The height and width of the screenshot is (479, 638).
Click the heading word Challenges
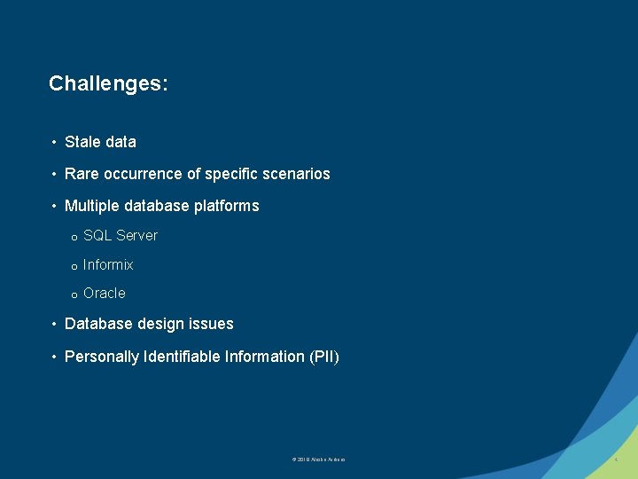click(108, 84)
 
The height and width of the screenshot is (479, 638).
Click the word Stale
click(82, 142)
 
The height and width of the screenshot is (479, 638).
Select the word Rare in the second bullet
click(82, 174)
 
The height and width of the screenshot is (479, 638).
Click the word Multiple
click(93, 206)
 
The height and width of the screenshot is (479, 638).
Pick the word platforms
click(227, 206)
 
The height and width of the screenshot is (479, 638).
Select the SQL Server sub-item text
click(121, 235)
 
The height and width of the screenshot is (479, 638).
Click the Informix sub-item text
click(108, 264)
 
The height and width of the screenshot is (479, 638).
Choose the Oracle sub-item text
click(105, 293)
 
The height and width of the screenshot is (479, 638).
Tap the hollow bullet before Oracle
click(74, 294)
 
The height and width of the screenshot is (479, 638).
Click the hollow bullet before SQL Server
click(74, 237)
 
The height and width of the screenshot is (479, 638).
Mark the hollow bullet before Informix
click(74, 266)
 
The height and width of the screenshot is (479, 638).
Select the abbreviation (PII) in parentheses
click(323, 357)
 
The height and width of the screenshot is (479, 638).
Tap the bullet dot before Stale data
click(55, 142)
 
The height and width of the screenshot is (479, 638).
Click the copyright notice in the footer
click(318, 459)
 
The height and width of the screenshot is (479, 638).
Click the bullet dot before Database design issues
click(55, 324)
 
